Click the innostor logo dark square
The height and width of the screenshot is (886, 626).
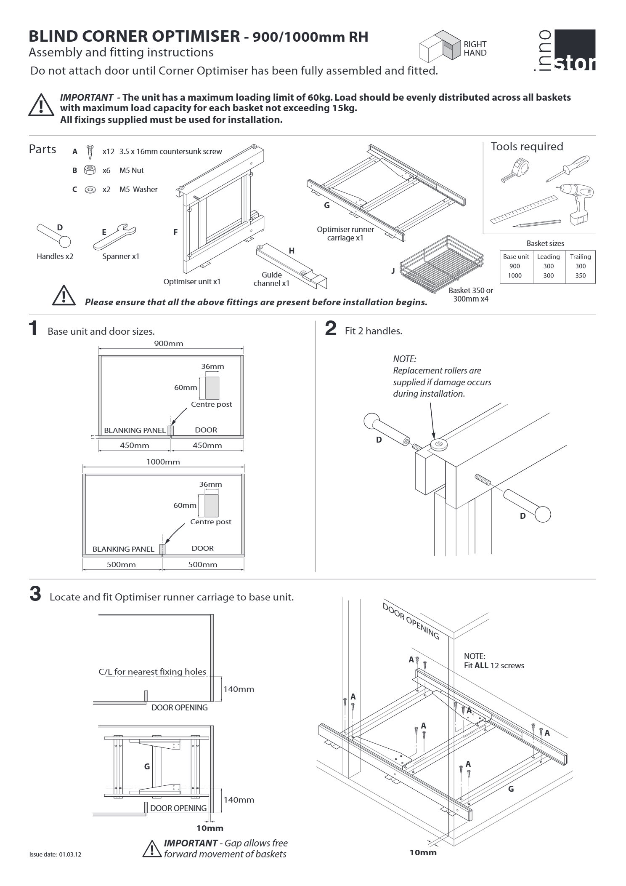pyautogui.click(x=575, y=49)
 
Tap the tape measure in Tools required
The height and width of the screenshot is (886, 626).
pyautogui.click(x=516, y=169)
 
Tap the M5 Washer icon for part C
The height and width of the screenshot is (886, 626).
pyautogui.click(x=89, y=189)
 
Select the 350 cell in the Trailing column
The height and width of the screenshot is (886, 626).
pyautogui.click(x=580, y=275)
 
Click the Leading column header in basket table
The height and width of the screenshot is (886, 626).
pyautogui.click(x=548, y=256)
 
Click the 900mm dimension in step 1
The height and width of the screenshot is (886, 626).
pyautogui.click(x=168, y=343)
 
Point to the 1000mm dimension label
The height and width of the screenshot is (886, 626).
pyautogui.click(x=163, y=462)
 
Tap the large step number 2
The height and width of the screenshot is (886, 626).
pyautogui.click(x=331, y=328)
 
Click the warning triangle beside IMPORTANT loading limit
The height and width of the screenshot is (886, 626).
pyautogui.click(x=41, y=105)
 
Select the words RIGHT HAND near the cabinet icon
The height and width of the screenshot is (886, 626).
pyautogui.click(x=475, y=48)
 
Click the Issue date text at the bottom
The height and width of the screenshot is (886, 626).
pyautogui.click(x=55, y=854)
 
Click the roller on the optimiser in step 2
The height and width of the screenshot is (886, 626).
pyautogui.click(x=438, y=444)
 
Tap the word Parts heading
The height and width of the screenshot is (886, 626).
pyautogui.click(x=42, y=149)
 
